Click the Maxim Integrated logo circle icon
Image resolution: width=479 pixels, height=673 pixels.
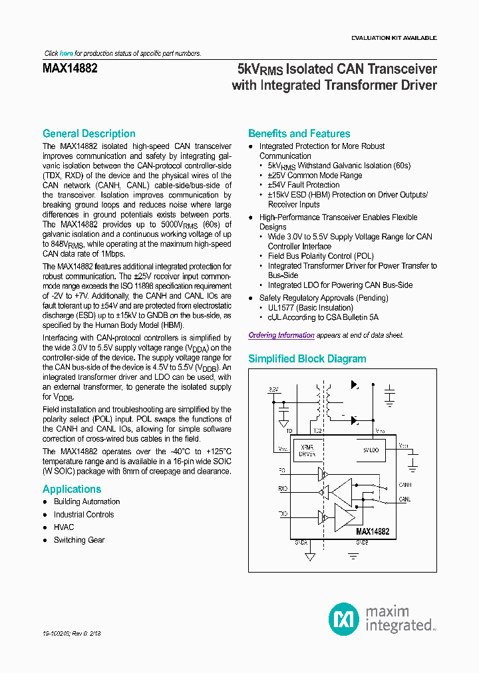click(344, 618)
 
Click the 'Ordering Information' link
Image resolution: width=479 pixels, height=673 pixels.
click(281, 336)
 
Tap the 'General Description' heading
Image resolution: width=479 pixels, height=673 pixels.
click(88, 134)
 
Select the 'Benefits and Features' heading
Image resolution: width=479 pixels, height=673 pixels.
click(299, 134)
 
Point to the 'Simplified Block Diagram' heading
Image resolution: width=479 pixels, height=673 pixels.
click(307, 359)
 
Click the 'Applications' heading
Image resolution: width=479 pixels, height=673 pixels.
click(72, 489)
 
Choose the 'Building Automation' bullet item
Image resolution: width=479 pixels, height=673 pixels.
click(86, 502)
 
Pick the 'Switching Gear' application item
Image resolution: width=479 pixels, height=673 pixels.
click(79, 540)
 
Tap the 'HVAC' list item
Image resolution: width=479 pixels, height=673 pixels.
click(64, 527)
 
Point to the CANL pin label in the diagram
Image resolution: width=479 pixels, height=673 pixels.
click(404, 499)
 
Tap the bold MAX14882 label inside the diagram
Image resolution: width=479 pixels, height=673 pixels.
click(372, 532)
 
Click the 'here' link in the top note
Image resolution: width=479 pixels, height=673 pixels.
click(67, 53)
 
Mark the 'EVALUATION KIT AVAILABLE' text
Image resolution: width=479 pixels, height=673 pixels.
click(394, 39)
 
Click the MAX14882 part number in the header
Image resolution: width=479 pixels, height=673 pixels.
click(70, 68)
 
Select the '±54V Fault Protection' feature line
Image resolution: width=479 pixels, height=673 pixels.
click(303, 185)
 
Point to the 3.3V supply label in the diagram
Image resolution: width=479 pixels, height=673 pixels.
click(274, 389)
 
